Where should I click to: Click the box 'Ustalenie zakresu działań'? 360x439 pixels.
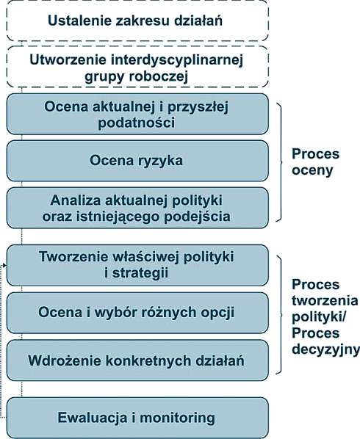pyautogui.click(x=137, y=21)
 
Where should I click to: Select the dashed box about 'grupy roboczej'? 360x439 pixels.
pyautogui.click(x=137, y=67)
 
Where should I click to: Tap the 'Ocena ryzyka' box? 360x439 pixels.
pyautogui.click(x=137, y=161)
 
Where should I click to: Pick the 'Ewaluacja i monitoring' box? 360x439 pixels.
pyautogui.click(x=137, y=418)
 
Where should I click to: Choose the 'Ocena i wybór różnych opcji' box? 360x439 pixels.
pyautogui.click(x=137, y=313)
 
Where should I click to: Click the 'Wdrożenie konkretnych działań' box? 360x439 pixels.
pyautogui.click(x=137, y=360)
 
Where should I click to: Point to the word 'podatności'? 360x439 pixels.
pyautogui.click(x=137, y=123)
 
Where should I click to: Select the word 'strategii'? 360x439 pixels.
pyautogui.click(x=140, y=273)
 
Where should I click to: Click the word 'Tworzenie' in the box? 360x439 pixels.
pyautogui.click(x=72, y=257)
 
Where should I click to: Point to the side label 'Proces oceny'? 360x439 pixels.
pyautogui.click(x=315, y=162)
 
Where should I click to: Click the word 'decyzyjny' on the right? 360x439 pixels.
pyautogui.click(x=325, y=350)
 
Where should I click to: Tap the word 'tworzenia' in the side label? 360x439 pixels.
pyautogui.click(x=325, y=301)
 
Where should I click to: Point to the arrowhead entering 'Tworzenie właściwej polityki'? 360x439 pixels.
pyautogui.click(x=4, y=265)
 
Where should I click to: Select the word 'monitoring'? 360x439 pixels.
pyautogui.click(x=177, y=418)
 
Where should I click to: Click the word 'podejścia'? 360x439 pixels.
pyautogui.click(x=197, y=217)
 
